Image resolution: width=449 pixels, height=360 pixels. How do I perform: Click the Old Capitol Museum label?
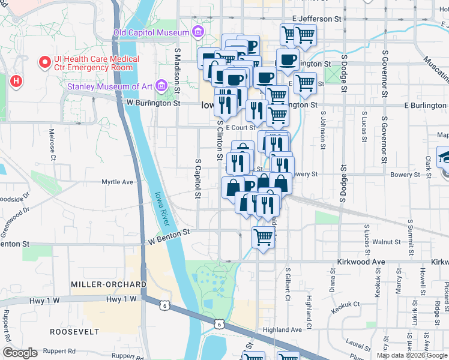point(151,32)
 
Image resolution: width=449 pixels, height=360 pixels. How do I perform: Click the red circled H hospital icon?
point(16,80)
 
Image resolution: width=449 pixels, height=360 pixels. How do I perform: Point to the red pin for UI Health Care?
point(44,62)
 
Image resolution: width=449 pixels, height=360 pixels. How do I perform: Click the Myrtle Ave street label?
point(117,182)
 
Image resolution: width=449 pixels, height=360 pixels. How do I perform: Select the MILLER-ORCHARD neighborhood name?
point(108,284)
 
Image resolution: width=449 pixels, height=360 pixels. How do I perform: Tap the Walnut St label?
point(386,242)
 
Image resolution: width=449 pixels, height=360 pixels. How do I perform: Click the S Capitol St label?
point(196,178)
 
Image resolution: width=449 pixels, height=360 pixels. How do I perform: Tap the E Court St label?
point(240,127)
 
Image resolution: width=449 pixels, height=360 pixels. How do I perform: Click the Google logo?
point(20,352)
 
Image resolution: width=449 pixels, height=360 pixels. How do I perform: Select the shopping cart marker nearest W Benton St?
point(263,237)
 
